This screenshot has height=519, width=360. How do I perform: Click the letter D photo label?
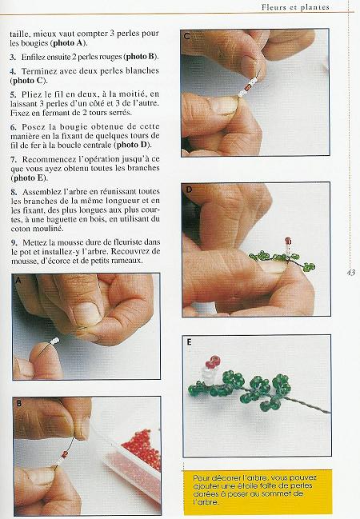[x=189, y=190]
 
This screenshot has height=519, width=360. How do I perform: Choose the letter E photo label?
[x=189, y=342]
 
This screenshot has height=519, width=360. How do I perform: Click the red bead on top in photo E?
[x=214, y=361]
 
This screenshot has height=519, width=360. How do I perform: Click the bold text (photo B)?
[x=142, y=57]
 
